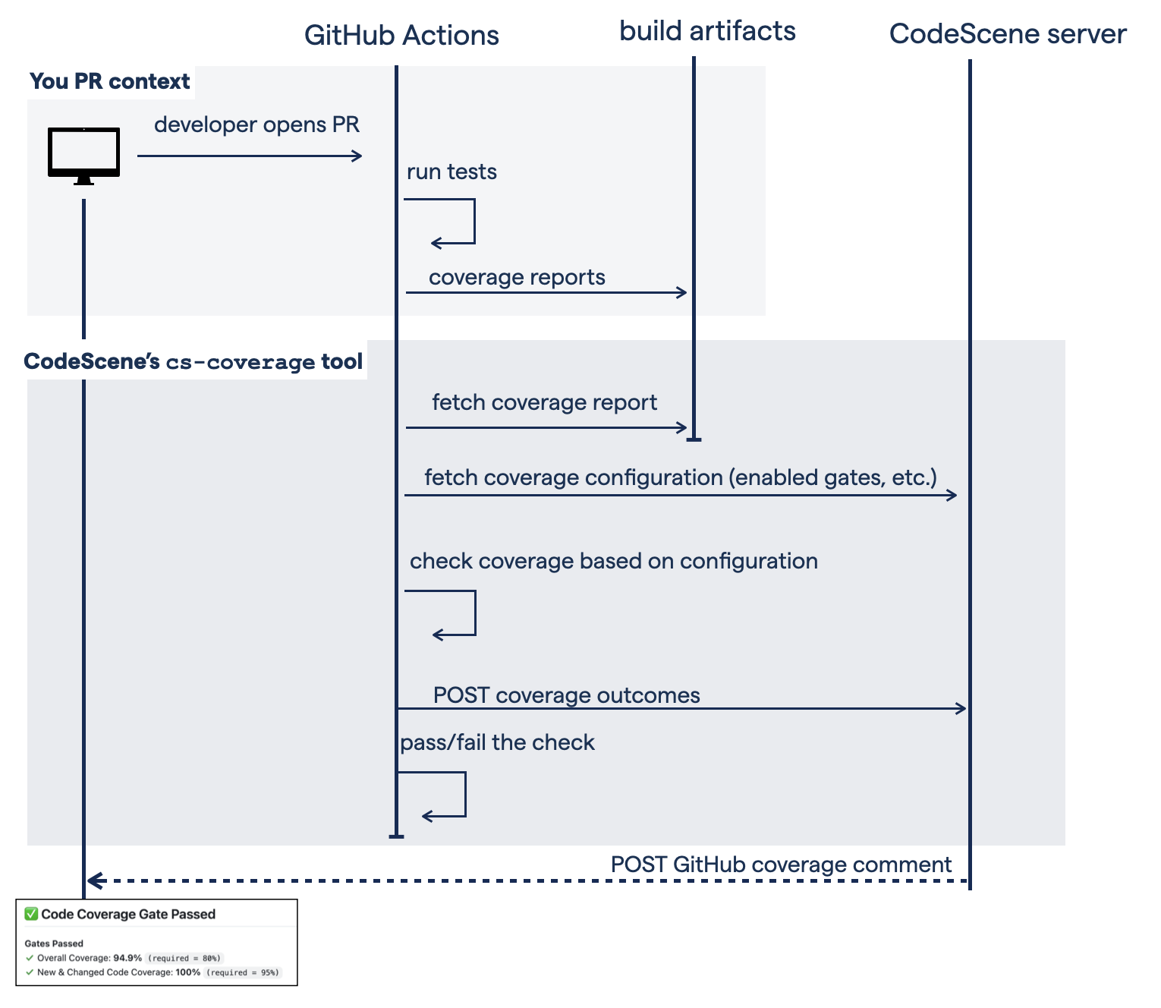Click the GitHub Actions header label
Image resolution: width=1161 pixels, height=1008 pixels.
tap(401, 36)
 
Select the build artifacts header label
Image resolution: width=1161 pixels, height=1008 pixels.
tap(707, 31)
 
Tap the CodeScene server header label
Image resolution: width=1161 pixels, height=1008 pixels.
tap(1007, 34)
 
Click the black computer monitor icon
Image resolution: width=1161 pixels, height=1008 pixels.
tap(83, 155)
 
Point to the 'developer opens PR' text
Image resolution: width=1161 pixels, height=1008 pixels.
tap(256, 124)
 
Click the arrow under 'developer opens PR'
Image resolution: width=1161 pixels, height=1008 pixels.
tap(250, 156)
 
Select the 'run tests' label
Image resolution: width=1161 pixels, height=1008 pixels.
tap(451, 172)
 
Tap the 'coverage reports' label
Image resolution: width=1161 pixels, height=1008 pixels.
tap(517, 277)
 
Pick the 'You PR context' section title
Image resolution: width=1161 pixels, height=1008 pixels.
tap(110, 81)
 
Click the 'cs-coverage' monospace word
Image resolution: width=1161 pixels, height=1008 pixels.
tap(240, 362)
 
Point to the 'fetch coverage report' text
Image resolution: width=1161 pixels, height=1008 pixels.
tap(544, 402)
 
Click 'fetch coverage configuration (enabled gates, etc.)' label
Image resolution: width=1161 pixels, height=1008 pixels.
tap(681, 477)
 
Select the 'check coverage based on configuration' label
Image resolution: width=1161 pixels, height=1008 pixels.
tap(613, 561)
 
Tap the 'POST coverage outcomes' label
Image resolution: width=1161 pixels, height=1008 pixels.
tap(566, 695)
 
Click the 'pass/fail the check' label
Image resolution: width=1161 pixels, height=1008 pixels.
tap(497, 742)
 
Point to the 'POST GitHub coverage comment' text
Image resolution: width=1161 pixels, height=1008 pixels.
tap(781, 865)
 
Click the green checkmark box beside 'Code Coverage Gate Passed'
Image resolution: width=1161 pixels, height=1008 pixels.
tap(31, 914)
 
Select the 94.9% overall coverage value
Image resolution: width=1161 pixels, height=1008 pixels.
tap(127, 958)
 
